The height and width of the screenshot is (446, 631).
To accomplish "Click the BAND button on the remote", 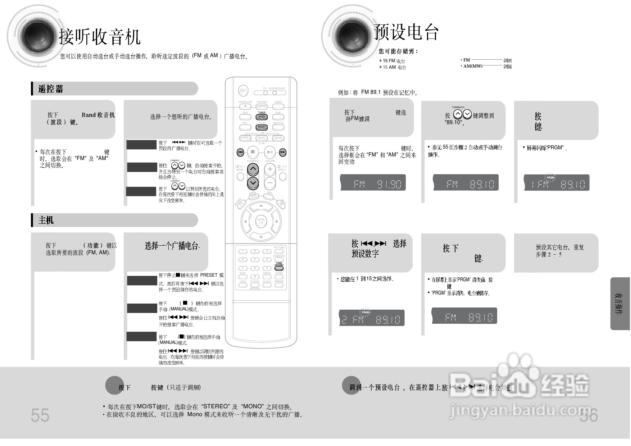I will pos(262,117).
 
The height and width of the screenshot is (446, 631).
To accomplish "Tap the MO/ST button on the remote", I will pos(262,127).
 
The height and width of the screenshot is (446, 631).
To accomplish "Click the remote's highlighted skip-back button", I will pos(240,153).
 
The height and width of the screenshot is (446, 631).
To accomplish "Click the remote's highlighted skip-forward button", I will pos(283,153).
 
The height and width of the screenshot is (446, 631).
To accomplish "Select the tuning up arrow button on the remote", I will pos(253,169).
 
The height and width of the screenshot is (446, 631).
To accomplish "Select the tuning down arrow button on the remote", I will pos(253,183).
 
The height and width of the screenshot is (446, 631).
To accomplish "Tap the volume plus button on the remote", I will pos(270,169).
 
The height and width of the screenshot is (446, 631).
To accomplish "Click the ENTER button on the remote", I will pos(261,221).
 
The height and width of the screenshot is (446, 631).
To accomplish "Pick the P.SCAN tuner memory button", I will pos(279,268).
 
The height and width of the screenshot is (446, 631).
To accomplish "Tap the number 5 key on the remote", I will pos(255,259).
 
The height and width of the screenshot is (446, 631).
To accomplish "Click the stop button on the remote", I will pos(253,152).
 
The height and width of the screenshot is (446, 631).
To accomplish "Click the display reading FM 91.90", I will pos(373,183).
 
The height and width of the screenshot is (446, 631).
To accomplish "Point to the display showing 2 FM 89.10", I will pos(372,318).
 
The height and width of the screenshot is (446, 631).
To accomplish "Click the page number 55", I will pos(40,415).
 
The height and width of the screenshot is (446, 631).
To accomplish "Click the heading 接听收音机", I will pos(99,37).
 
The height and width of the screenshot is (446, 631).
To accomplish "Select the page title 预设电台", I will pos(406,32).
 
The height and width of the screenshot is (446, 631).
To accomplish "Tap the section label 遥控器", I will pos(51,89).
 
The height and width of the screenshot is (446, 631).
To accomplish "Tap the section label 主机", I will pos(46,220).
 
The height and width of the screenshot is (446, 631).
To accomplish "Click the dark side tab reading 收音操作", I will pos(620,304).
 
